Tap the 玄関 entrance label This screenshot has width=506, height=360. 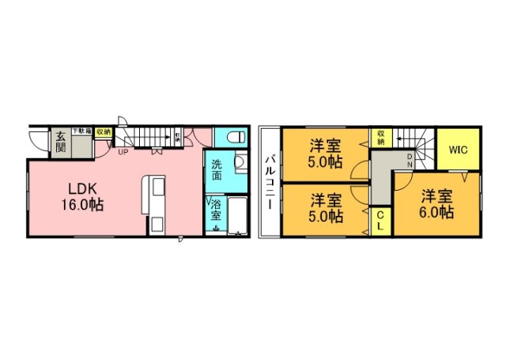click(60, 142)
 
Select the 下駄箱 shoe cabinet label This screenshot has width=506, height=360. click(82, 131)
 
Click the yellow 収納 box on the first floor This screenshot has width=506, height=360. click(103, 133)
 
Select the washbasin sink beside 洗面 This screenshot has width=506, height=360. click(240, 170)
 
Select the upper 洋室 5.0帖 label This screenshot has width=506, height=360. click(325, 153)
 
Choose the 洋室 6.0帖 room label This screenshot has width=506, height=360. click(436, 204)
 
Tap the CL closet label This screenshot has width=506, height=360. click(379, 220)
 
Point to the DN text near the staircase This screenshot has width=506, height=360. click(410, 161)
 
